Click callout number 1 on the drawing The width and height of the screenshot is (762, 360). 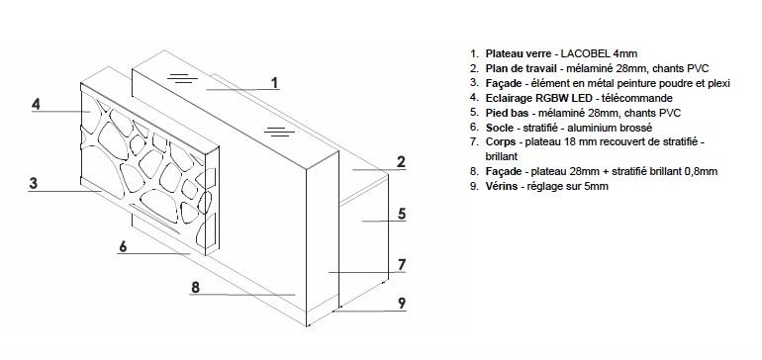[275, 83]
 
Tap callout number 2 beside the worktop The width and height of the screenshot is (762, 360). [401, 162]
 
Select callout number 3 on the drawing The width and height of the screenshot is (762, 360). [33, 184]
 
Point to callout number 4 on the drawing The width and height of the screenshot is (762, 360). [36, 105]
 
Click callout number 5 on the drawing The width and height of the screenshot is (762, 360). [402, 214]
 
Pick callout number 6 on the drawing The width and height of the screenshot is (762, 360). [123, 246]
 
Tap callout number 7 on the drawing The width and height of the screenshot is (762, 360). [402, 265]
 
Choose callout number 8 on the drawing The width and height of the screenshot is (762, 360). [195, 287]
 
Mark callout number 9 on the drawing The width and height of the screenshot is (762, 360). [402, 304]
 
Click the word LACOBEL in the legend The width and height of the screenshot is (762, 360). [586, 54]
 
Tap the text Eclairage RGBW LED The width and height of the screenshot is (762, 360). [539, 98]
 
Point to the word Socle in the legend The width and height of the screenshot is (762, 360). [499, 128]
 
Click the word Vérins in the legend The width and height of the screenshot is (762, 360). [502, 187]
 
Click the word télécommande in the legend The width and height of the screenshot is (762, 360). [637, 98]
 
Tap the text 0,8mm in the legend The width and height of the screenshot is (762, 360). [702, 171]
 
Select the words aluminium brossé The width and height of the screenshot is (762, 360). [613, 128]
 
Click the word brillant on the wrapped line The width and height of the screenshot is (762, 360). [502, 157]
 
